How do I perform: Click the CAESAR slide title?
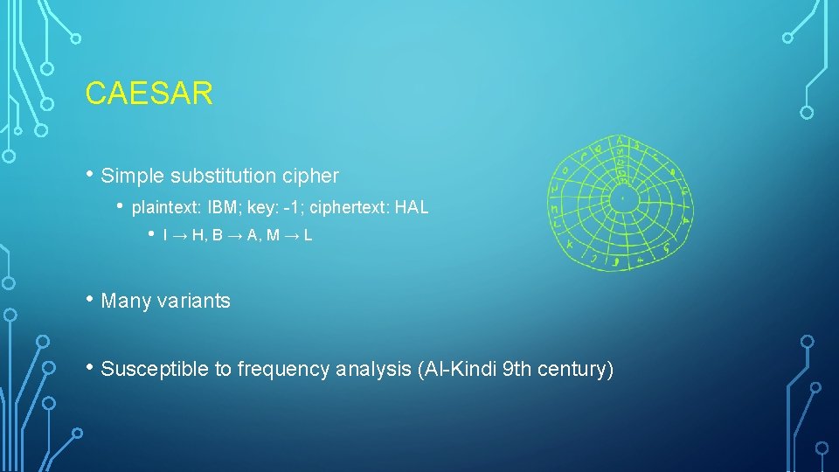[149, 94]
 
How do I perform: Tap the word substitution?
[221, 176]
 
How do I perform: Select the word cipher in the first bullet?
[310, 176]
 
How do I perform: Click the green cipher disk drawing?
[621, 203]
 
